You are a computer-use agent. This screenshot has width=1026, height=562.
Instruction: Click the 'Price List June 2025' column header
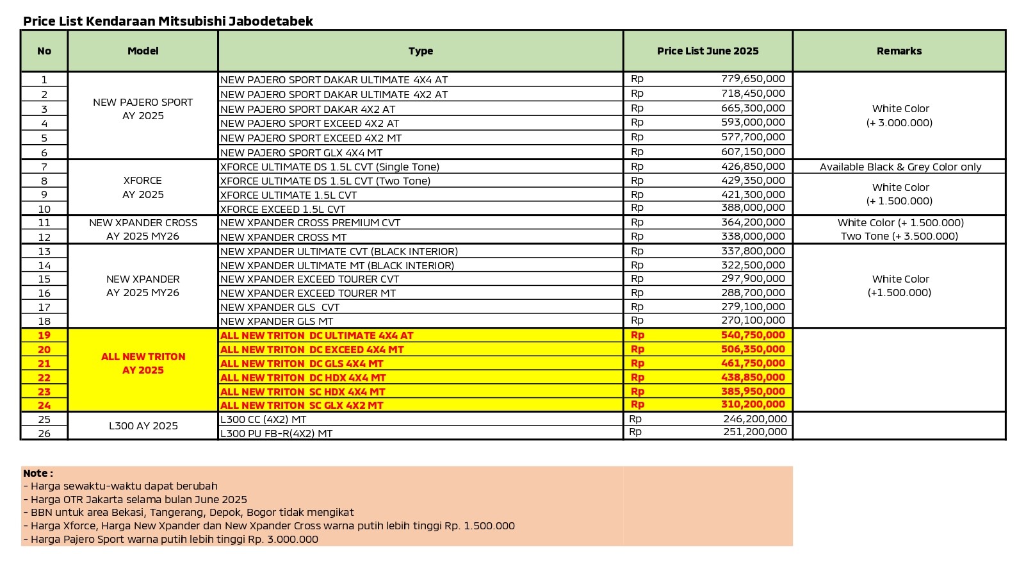[x=708, y=51]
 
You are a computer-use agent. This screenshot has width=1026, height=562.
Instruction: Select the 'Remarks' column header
[x=899, y=51]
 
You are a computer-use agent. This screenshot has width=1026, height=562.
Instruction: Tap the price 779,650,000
[x=753, y=79]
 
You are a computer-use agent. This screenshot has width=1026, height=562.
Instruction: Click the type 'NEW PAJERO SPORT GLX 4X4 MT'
[x=301, y=153]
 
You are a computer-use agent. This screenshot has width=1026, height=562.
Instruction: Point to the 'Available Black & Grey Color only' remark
[x=900, y=167]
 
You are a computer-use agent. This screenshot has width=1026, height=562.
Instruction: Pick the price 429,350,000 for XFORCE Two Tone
[x=753, y=181]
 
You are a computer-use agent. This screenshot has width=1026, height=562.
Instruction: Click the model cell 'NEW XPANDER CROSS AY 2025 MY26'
[x=143, y=229]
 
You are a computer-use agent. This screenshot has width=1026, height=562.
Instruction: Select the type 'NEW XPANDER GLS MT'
[x=277, y=321]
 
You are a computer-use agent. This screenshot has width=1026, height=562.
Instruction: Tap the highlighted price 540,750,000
[x=753, y=335]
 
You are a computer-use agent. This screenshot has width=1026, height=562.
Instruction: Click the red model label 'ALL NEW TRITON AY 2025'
[x=143, y=363]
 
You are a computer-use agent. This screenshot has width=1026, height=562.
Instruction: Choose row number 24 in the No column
[x=44, y=405]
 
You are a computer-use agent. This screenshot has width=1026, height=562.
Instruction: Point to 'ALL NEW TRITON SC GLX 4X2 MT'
[x=302, y=405]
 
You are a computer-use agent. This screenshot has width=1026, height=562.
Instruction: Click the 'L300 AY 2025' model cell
[x=143, y=426]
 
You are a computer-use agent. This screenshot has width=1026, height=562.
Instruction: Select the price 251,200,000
[x=754, y=433]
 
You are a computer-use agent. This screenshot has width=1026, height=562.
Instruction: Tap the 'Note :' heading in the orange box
[x=38, y=473]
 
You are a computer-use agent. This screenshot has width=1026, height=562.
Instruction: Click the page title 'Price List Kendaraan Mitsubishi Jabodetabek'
[x=168, y=21]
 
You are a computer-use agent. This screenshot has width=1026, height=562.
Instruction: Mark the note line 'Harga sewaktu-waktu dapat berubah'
[x=124, y=486]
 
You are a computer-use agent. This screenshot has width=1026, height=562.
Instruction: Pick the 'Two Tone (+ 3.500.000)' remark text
[x=899, y=236]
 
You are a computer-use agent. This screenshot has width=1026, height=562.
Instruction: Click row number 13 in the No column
[x=44, y=251]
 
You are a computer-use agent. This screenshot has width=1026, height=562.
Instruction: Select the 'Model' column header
[x=143, y=51]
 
